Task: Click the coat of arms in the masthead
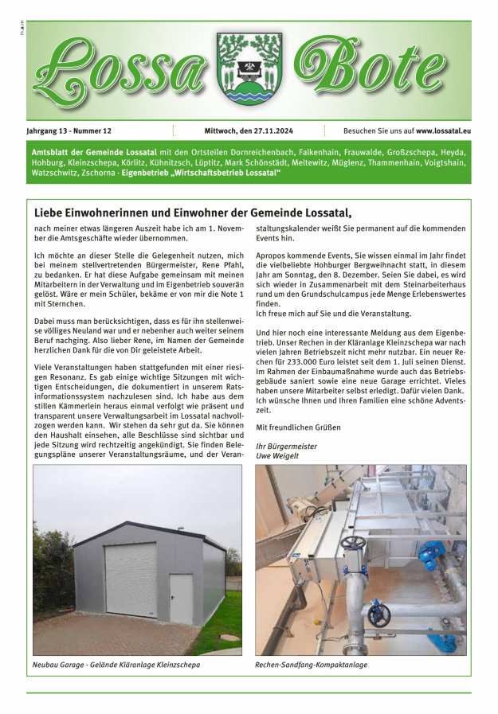pos(249,70)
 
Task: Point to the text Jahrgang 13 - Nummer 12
pos(69,131)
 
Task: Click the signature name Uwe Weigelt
pos(277,455)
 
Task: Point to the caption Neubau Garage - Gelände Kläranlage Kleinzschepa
pos(116,664)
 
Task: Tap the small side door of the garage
pos(180,598)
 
